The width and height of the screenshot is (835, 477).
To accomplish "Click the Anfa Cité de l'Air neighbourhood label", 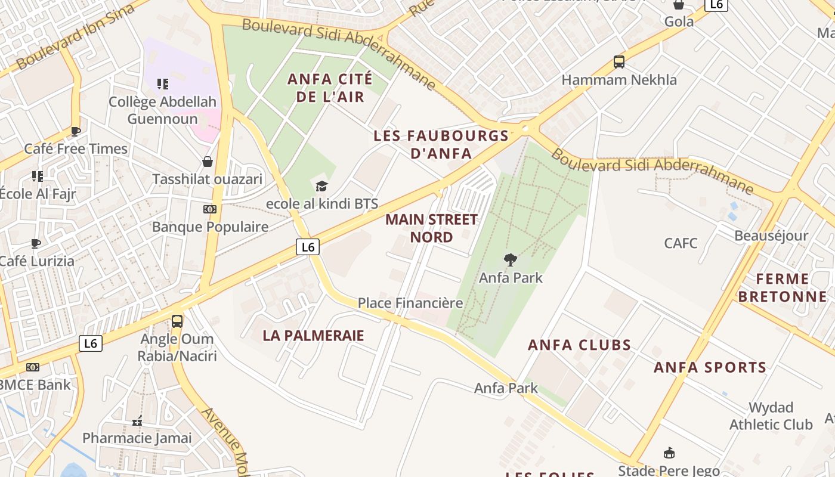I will [x=330, y=88].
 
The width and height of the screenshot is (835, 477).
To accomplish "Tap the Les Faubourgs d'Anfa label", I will [x=441, y=144].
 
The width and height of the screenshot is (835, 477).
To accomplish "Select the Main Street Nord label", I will [x=431, y=228].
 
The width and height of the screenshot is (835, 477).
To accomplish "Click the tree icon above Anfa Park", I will [x=510, y=260].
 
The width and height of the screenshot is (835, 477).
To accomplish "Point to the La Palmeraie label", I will [x=313, y=336].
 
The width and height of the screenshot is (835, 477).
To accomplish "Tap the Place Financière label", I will [x=410, y=303].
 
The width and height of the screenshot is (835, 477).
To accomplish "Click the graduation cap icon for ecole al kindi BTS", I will [x=321, y=187].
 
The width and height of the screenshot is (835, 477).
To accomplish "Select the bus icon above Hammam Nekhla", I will [x=619, y=61].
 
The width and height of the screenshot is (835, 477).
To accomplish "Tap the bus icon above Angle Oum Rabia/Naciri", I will [x=177, y=321].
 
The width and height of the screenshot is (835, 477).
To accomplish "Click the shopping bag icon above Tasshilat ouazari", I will [x=208, y=162].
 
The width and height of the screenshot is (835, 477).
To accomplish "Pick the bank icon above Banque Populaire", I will [x=209, y=209].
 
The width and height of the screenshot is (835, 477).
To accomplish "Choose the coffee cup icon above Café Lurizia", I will [x=36, y=243].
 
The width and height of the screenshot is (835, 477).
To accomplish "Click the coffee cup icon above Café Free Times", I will [x=76, y=131].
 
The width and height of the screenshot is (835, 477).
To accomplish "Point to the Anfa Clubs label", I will [x=579, y=345].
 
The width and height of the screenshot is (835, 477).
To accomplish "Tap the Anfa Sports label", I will [x=710, y=367].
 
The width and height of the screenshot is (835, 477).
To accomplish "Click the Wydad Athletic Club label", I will [x=771, y=416].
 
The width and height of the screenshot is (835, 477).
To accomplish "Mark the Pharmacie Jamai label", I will [x=137, y=438].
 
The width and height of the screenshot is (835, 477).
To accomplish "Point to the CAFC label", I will [x=681, y=243].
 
